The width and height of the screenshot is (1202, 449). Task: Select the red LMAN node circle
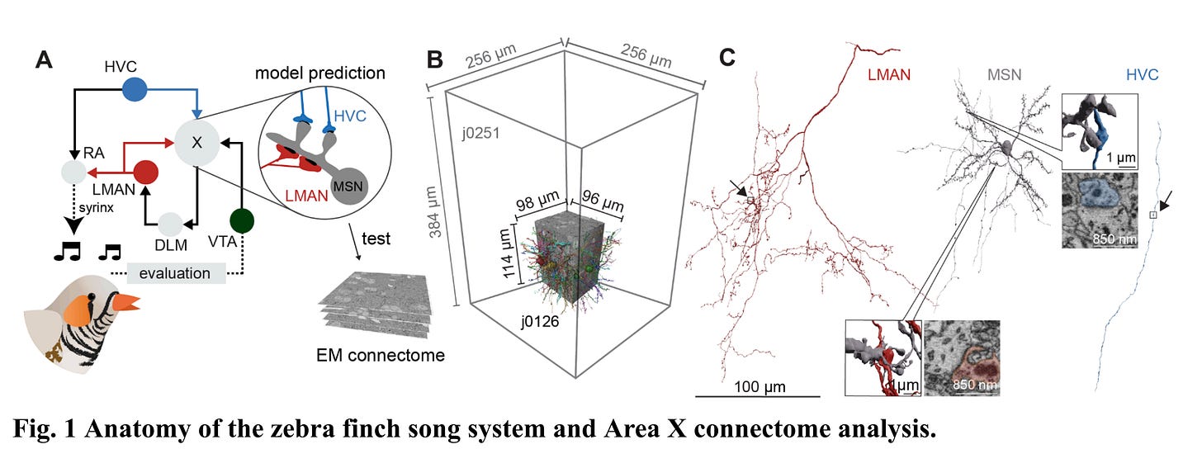coord(146,173)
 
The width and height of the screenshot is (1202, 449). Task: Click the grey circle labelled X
coord(196,141)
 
